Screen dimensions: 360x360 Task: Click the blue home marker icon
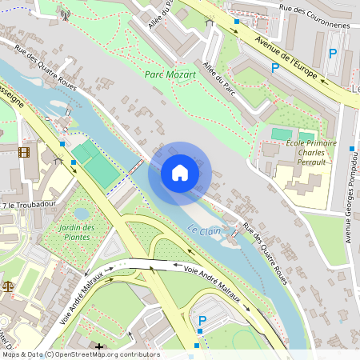(179, 173)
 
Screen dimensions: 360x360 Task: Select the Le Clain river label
(204, 230)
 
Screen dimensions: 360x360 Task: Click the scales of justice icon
(7, 285)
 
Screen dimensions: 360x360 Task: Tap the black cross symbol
(99, 346)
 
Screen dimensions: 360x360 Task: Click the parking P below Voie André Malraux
(202, 321)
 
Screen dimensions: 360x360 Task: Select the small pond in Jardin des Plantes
(82, 214)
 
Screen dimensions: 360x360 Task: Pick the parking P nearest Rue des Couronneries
(334, 54)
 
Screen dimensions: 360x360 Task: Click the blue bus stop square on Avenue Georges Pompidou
(352, 149)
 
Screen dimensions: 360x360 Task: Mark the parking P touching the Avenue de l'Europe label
(275, 69)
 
